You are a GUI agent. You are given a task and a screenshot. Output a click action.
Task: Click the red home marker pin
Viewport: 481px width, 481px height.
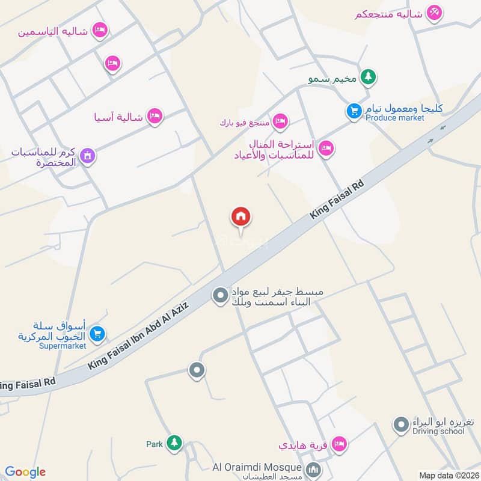241,217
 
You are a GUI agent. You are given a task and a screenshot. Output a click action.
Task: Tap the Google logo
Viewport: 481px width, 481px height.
25,472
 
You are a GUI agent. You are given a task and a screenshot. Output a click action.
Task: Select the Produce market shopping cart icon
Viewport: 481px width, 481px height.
354,111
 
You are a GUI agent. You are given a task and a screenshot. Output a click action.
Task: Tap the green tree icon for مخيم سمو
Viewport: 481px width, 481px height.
369,78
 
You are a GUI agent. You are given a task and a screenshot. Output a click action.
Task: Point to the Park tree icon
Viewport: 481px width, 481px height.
174,443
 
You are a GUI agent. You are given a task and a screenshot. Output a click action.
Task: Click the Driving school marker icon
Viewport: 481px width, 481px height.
401,426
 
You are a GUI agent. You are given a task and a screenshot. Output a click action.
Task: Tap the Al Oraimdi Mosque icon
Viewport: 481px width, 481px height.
312,468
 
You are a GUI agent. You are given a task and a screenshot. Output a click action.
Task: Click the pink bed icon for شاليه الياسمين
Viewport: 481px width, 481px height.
100,29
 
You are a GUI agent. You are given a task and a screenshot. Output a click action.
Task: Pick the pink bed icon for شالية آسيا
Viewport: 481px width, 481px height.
155,116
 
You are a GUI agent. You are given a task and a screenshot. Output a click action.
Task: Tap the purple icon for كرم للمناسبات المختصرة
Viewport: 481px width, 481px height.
88,156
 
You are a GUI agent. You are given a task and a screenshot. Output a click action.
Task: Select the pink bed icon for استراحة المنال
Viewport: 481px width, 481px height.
326,148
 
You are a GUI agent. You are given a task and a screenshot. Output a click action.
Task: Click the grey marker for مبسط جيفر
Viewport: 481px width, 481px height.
221,295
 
